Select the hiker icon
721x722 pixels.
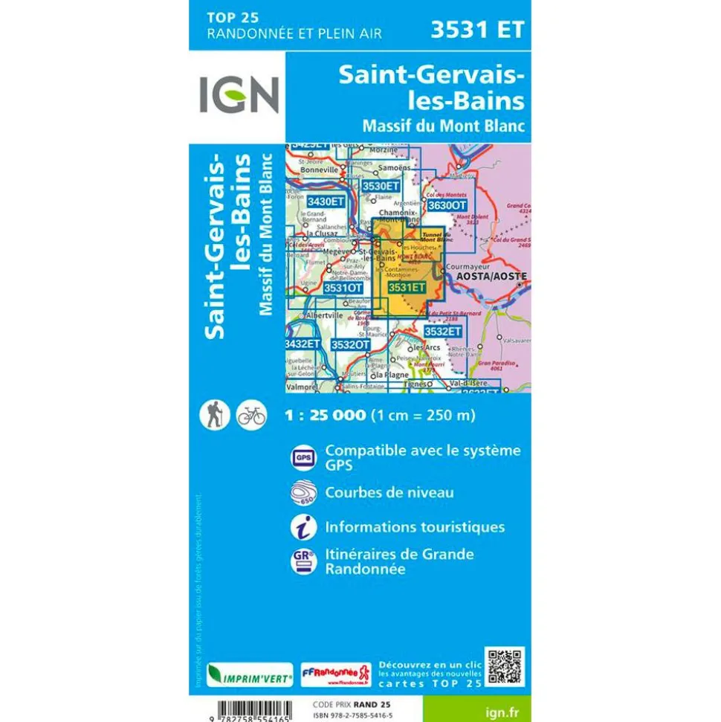click(214, 415)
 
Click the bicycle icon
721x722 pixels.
click(251, 415)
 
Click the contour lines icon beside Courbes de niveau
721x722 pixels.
click(303, 493)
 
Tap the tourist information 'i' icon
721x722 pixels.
click(303, 526)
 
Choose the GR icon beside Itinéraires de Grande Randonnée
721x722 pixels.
click(303, 561)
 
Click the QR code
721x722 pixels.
click(505, 666)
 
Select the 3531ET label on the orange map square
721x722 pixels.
click(407, 288)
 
